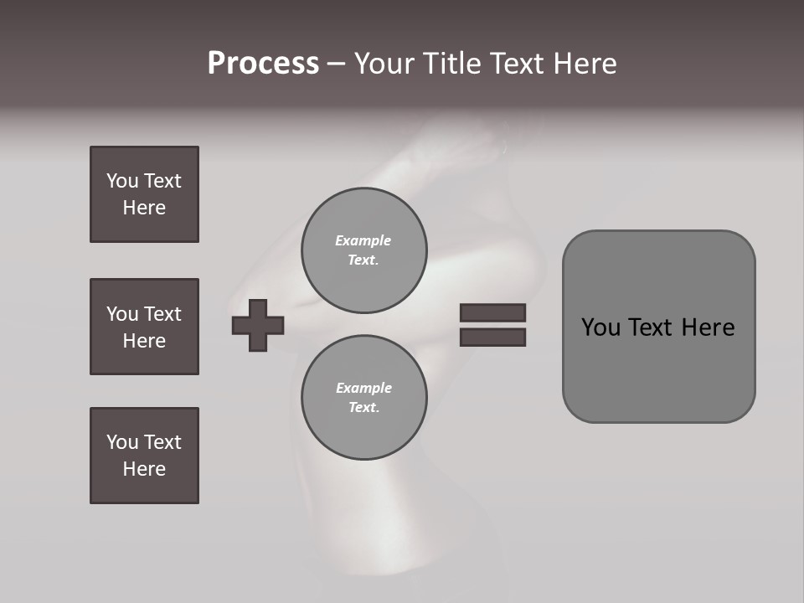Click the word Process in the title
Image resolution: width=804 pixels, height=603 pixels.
(x=263, y=64)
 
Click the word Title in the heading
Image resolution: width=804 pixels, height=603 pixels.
(x=449, y=64)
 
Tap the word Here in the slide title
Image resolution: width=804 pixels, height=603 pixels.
(x=584, y=64)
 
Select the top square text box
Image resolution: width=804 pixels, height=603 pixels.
(x=144, y=194)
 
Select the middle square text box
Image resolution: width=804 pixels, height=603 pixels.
(x=144, y=327)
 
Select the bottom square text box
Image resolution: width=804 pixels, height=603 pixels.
(x=144, y=456)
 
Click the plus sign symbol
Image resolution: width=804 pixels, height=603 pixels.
(x=258, y=325)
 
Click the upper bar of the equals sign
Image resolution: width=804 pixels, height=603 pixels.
(x=492, y=313)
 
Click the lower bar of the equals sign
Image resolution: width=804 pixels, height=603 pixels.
(x=492, y=337)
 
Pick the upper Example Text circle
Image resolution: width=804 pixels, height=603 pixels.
(x=364, y=250)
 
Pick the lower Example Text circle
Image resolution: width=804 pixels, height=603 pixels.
(x=364, y=398)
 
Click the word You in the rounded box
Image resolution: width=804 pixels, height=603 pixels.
(x=600, y=327)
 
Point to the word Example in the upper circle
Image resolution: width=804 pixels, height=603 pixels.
(x=363, y=240)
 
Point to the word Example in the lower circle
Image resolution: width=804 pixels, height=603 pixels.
(x=363, y=388)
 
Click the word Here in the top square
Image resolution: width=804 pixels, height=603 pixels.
(x=144, y=208)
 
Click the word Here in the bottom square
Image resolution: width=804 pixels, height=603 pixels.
(x=144, y=469)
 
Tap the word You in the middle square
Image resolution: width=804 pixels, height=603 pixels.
(x=122, y=314)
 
